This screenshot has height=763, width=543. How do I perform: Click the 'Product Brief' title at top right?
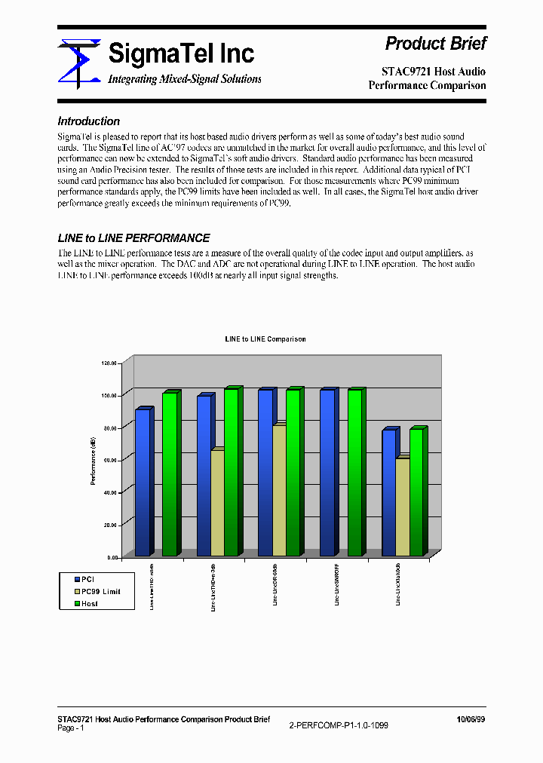tap(435, 44)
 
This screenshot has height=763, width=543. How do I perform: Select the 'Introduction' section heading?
tap(88, 121)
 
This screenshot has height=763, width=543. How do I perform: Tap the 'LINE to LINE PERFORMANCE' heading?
tap(133, 238)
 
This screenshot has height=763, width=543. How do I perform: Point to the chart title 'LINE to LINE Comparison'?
tap(265, 339)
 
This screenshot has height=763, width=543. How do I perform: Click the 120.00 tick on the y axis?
tap(110, 363)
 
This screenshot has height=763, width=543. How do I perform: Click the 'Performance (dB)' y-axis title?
tap(93, 460)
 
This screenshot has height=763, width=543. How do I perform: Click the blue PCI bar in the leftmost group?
tap(143, 483)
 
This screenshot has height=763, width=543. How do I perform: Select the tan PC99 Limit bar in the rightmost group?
tap(403, 507)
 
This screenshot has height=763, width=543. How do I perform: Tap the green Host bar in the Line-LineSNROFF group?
tap(354, 472)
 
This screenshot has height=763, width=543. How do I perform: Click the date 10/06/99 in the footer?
tap(471, 719)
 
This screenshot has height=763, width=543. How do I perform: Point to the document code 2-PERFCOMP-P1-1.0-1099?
tap(339, 725)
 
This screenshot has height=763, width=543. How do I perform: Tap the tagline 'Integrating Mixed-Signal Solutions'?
tap(185, 79)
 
